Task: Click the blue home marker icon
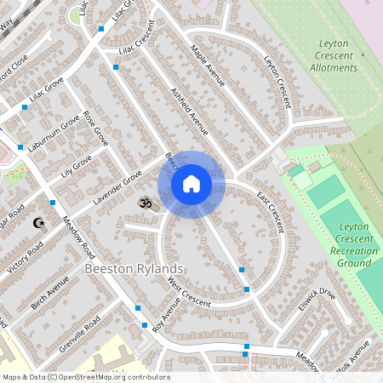(191, 184)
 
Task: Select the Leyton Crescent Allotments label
(334, 55)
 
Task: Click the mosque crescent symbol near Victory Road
(37, 223)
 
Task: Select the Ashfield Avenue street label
(189, 111)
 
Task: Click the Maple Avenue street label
(207, 66)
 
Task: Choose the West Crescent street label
(188, 292)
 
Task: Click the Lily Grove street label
(76, 166)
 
